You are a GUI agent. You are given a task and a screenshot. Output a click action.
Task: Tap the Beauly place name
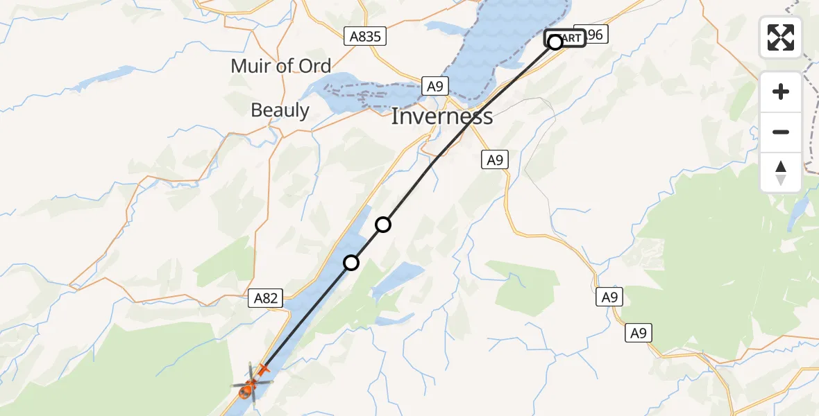tap(280, 110)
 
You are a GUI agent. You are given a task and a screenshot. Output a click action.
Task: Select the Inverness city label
tap(441, 116)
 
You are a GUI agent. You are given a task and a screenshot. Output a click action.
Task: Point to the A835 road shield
tap(365, 37)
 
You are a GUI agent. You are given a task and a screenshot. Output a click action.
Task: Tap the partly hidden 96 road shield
tap(596, 34)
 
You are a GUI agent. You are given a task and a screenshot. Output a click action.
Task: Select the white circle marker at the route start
tap(555, 42)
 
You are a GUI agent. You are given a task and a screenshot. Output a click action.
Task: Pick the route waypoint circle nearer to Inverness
tap(383, 225)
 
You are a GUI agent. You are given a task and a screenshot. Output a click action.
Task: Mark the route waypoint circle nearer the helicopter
tap(351, 263)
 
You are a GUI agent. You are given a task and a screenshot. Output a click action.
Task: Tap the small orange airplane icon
tap(262, 370)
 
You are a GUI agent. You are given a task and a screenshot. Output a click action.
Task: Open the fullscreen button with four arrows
tap(781, 37)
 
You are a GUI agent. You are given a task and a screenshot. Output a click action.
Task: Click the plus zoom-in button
tap(781, 92)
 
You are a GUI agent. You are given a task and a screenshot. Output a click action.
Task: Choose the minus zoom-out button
tap(781, 132)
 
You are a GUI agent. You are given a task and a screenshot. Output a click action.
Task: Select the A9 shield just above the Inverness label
tap(435, 86)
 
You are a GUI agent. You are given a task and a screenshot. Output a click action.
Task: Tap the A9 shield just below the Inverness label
tap(494, 160)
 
